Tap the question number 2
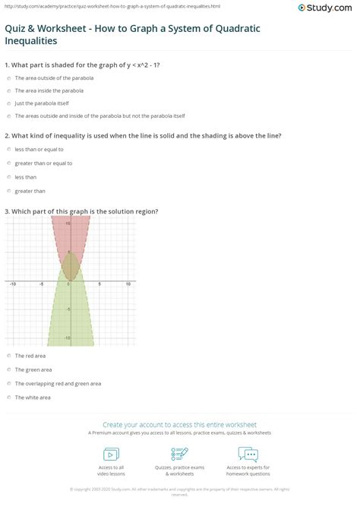point(6,135)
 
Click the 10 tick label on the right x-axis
point(128,284)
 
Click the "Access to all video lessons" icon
point(111,454)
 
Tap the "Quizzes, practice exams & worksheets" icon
point(180,454)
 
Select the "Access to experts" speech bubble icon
point(248,454)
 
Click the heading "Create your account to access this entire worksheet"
point(180,424)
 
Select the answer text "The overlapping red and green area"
point(46,383)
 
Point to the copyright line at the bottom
point(180,490)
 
